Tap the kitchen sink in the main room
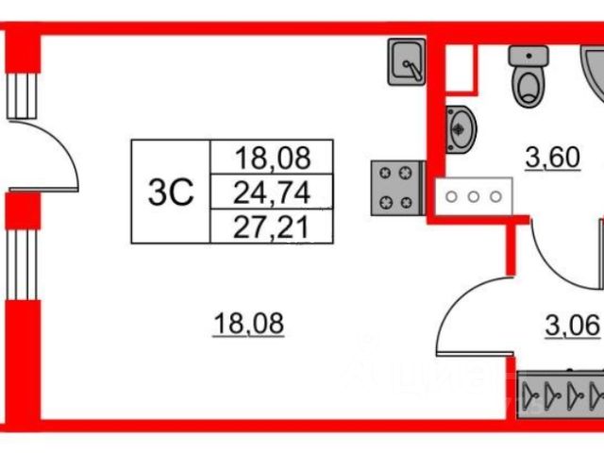click(x=408, y=62)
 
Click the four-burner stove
click(x=395, y=186)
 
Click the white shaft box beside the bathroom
click(x=458, y=61)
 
